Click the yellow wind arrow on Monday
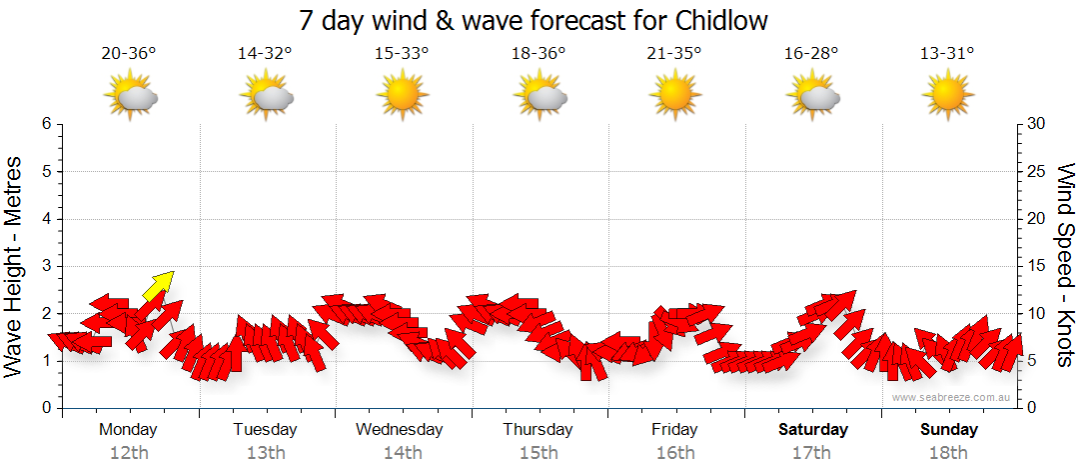[158, 285]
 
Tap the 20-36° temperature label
[129, 54]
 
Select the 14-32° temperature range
[265, 54]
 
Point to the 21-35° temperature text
[674, 54]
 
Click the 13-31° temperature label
[947, 54]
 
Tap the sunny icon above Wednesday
[402, 96]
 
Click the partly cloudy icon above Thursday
[539, 96]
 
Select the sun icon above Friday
[674, 96]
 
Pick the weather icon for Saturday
[812, 96]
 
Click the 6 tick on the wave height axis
[45, 124]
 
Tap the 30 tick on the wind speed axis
[1036, 124]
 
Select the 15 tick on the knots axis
[1036, 266]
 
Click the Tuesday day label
[265, 430]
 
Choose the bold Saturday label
[812, 430]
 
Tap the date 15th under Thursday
[539, 453]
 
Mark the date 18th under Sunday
[948, 453]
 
